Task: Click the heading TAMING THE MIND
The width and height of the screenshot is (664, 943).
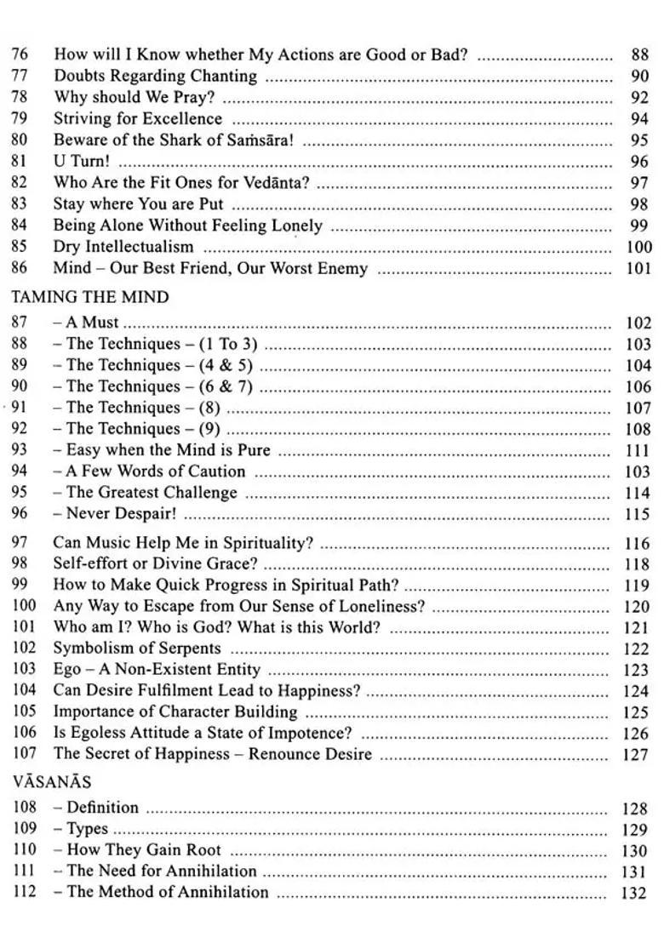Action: [x=89, y=298]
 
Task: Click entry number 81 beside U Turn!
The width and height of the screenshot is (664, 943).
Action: [x=20, y=161]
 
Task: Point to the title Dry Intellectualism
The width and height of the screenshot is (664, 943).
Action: [x=123, y=247]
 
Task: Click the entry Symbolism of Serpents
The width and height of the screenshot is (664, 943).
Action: [x=137, y=649]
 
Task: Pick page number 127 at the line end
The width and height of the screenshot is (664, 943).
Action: [x=636, y=755]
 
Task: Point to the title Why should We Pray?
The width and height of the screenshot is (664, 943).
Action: [x=135, y=97]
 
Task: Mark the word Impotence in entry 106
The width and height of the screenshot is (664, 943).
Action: [x=314, y=733]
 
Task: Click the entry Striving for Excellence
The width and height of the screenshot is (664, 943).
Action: [x=138, y=118]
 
